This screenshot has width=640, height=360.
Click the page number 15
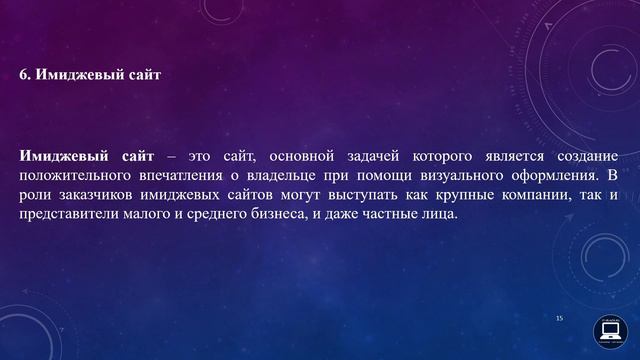(560, 317)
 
